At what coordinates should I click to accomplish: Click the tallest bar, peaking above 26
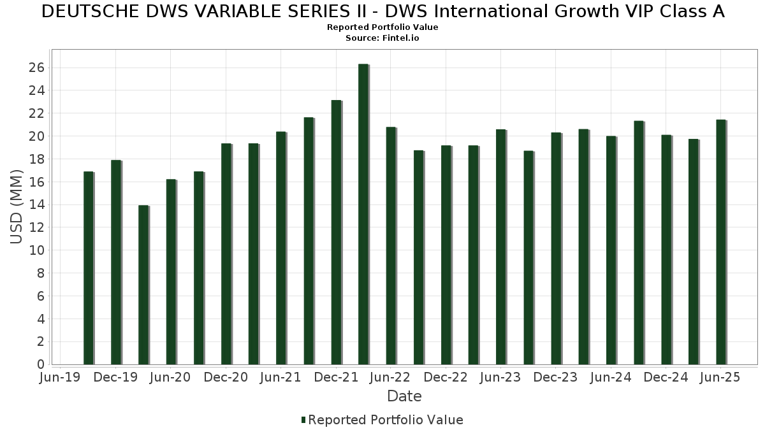pos(363,214)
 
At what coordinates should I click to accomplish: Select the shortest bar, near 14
pos(143,285)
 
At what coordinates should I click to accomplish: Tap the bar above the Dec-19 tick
pos(116,262)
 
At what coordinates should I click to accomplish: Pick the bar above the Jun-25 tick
pos(721,242)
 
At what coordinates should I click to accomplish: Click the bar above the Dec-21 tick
pos(336,233)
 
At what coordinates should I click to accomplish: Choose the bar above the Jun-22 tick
pos(391,246)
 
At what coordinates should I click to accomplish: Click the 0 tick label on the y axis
pos(41,364)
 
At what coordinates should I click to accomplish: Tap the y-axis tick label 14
pos(36,204)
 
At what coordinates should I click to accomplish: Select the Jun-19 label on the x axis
pos(60,377)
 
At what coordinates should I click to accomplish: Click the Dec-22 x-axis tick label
pos(446,377)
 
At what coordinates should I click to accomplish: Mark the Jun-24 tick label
pos(611,377)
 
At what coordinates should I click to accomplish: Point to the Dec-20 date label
pos(226,377)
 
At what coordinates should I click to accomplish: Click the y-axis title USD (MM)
pos(16,207)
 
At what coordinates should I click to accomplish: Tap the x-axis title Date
pos(404,396)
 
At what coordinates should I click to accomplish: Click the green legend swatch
pos(303,420)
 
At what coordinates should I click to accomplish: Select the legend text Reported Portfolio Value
pos(386,420)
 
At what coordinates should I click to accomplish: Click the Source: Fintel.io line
pos(382,38)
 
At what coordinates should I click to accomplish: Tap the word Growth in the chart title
pos(586,11)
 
